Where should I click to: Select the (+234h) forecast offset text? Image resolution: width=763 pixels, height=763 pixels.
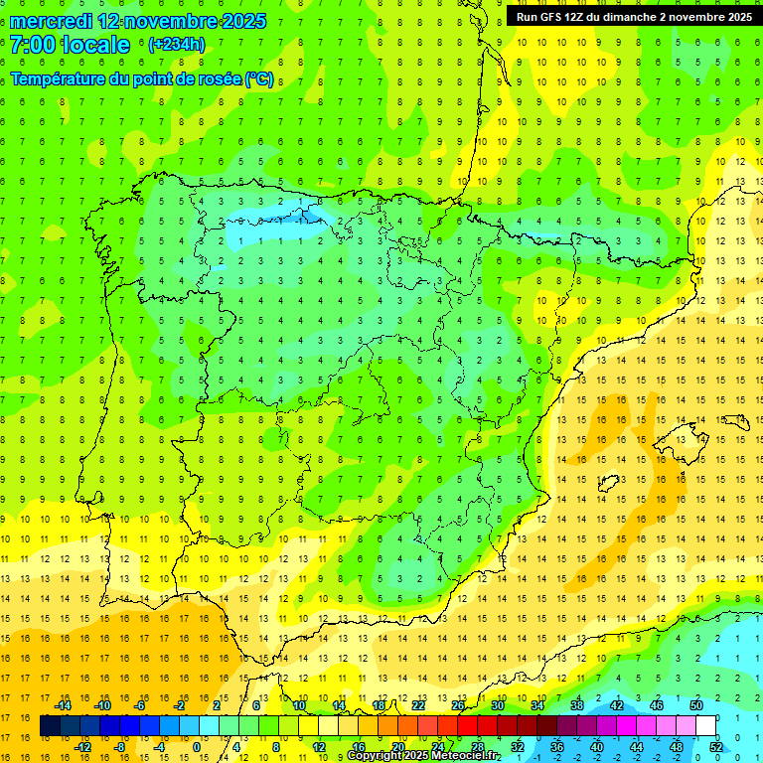[176, 45]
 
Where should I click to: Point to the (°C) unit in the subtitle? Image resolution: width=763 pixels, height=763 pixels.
[259, 79]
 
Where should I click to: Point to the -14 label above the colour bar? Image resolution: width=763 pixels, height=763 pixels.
[63, 705]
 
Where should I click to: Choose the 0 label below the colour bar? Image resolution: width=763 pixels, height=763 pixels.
[197, 747]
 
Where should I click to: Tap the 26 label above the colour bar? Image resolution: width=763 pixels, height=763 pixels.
[458, 705]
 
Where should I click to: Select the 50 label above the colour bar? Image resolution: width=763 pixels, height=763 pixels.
[696, 705]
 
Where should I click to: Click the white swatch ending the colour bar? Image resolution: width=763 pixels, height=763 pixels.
[705, 726]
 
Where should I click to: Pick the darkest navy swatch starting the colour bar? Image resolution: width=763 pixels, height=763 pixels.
[50, 726]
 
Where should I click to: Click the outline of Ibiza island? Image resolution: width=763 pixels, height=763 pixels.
[603, 484]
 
